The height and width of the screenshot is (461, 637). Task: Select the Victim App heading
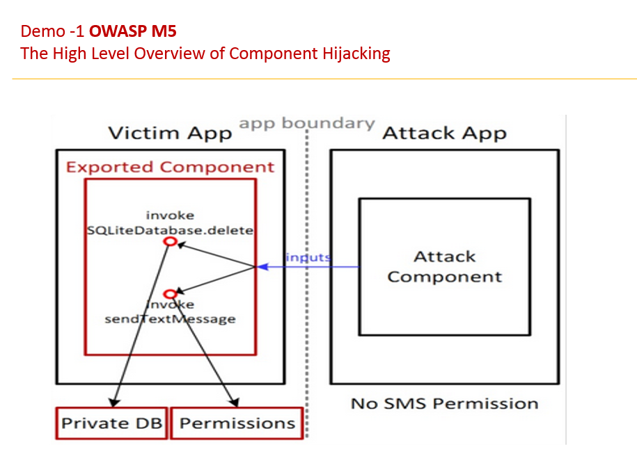pos(170,133)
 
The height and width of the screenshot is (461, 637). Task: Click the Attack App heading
pos(444,133)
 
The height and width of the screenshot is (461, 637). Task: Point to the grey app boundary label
pos(307,123)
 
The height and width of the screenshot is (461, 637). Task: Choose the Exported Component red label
pos(170,167)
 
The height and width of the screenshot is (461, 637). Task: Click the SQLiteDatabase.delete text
pos(171,230)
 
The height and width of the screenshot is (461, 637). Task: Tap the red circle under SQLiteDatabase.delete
pos(169,241)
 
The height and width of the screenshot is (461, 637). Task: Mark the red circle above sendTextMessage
pos(169,294)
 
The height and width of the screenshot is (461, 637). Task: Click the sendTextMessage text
pos(170,319)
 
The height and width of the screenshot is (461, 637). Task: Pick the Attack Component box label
pos(445,266)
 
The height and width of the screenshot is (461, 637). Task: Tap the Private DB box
pos(111,423)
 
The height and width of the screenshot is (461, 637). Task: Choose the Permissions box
pos(237,423)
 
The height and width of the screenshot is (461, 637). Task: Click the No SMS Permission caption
pos(444,403)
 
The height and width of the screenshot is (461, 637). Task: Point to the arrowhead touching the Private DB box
pos(113,402)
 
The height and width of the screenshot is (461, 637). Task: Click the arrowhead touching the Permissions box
pos(235,403)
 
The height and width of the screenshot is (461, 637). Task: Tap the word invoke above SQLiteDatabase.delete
pos(170,216)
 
